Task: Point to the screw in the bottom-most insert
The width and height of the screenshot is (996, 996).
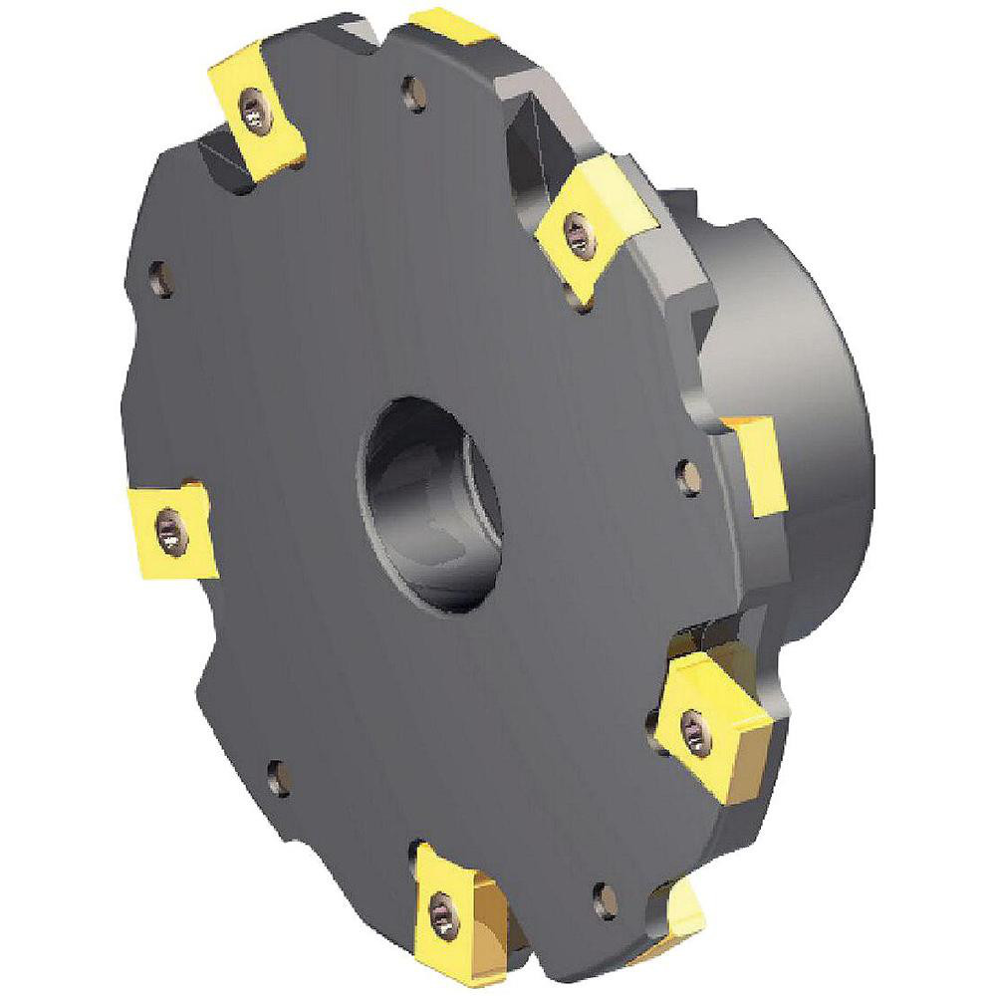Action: (x=441, y=908)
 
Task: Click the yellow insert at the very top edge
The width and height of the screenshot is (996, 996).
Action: (x=454, y=22)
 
